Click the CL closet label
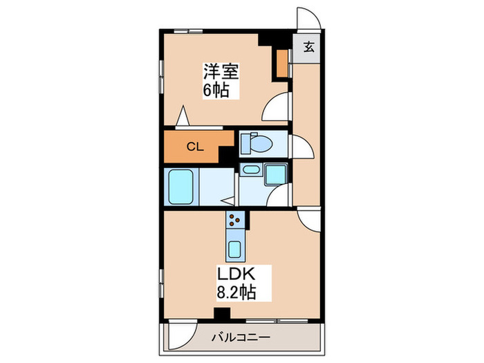pos(196,147)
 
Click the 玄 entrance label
pos(308,48)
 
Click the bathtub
pos(182,186)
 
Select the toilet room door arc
pos(299,147)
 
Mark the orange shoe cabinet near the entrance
pos(282,63)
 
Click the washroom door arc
pos(281,197)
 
